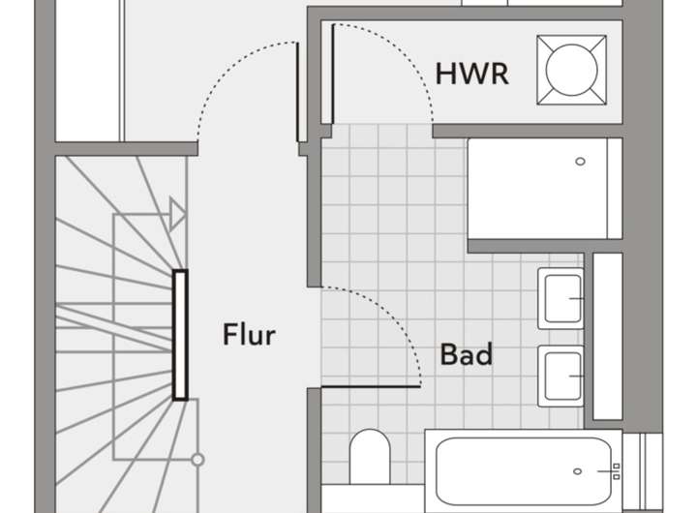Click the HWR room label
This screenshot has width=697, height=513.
pos(472,73)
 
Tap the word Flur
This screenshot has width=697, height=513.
pos(249,336)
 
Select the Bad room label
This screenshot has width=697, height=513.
pos(467,354)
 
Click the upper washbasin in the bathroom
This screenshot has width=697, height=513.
pos(562,297)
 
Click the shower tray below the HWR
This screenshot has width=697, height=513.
pos(544,189)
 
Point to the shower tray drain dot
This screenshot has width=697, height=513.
pos(582,163)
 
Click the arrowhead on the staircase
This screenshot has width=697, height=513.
pos(176,213)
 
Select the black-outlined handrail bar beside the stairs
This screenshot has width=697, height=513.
pos(180,335)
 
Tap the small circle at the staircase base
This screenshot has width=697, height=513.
pos(197,459)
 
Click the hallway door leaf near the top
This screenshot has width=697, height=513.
pos(296,92)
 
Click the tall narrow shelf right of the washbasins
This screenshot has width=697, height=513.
pos(607,337)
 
